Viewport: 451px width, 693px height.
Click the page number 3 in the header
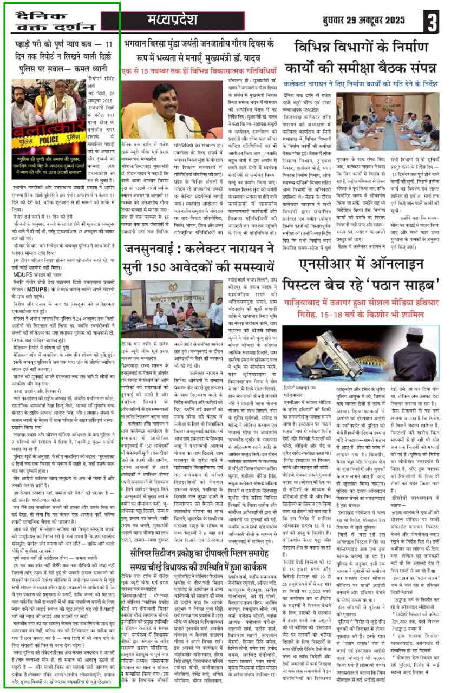pyautogui.click(x=431, y=23)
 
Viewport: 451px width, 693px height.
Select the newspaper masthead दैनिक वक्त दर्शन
pyautogui.click(x=51, y=22)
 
